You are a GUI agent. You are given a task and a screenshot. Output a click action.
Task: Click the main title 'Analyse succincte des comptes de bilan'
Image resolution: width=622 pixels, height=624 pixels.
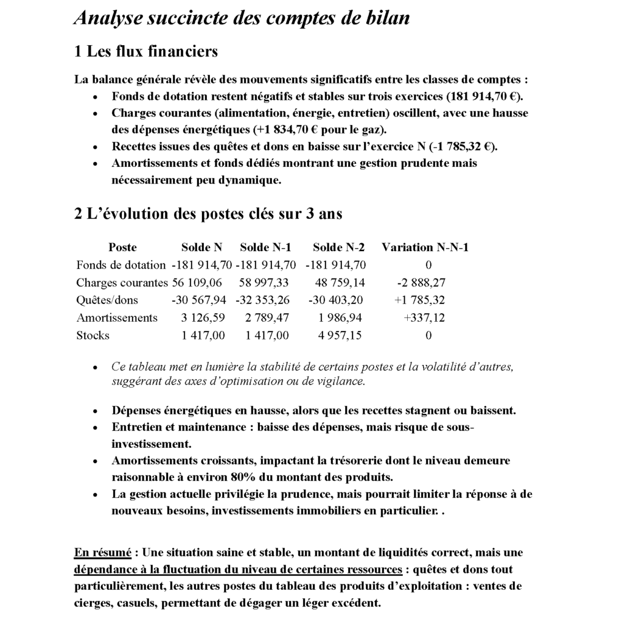[x=242, y=18]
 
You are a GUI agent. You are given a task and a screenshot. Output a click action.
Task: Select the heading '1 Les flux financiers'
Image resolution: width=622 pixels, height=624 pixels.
[x=145, y=51]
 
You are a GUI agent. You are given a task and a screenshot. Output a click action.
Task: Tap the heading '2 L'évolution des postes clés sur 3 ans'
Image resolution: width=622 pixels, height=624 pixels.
[x=208, y=214]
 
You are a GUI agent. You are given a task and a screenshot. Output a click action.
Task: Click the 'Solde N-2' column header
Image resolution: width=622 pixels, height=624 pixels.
[x=338, y=247]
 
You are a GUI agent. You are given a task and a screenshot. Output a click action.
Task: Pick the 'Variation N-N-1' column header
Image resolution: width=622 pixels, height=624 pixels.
[x=425, y=247]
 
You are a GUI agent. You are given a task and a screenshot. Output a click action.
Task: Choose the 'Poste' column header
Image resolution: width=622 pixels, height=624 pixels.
[x=122, y=247]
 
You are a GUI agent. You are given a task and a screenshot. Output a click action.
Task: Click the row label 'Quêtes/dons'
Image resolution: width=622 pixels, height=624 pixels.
[x=107, y=300]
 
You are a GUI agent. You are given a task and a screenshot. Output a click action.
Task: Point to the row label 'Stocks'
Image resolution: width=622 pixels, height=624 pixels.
[x=93, y=335]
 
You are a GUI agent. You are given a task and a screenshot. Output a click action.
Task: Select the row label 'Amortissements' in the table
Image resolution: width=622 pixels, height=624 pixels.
[x=117, y=317]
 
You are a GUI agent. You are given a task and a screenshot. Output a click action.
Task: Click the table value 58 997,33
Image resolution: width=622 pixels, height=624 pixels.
[x=264, y=283]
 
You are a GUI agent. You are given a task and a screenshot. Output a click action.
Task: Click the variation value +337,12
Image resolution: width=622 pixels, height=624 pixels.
[x=425, y=317]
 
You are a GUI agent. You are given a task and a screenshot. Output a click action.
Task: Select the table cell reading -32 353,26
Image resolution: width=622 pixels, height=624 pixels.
[x=265, y=300]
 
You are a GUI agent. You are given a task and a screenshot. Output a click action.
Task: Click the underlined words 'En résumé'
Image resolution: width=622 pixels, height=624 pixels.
[x=102, y=553]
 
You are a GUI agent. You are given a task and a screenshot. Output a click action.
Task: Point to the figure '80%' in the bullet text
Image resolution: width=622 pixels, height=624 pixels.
[x=243, y=477]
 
